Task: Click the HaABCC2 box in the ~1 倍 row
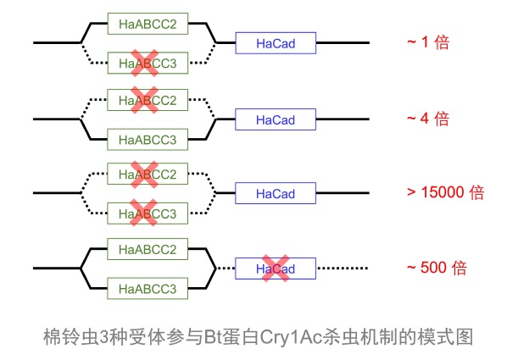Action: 148,24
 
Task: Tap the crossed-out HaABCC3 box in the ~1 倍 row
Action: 148,63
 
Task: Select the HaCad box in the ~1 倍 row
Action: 276,43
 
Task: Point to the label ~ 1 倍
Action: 428,42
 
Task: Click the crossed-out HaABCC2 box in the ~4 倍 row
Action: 148,100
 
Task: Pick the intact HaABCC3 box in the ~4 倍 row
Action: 148,140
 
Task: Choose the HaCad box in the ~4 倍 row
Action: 276,119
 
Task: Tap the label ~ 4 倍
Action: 428,119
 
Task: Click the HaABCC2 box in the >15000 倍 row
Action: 148,174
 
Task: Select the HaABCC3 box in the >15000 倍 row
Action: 148,213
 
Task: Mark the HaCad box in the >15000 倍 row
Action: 276,193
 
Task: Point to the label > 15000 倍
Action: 446,192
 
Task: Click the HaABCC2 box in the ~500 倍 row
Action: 148,249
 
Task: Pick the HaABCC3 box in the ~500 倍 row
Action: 148,289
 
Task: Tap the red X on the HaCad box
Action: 276,268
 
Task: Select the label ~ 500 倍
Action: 437,268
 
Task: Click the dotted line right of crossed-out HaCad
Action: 343,268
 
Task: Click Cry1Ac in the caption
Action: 292,337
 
